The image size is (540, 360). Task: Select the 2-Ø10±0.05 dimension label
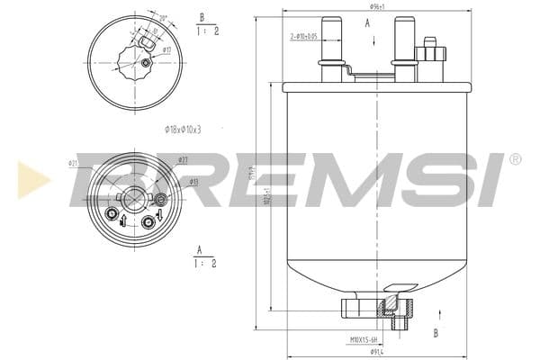coord(303,36)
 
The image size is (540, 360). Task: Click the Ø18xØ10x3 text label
coord(183,129)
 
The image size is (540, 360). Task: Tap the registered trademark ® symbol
coord(515,159)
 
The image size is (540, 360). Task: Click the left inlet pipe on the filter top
coord(331,40)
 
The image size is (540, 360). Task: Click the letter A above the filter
coord(367,23)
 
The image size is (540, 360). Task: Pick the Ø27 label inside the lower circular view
coord(183,159)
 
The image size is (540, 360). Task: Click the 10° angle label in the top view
coord(162,17)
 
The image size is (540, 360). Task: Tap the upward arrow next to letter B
coord(438,312)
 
